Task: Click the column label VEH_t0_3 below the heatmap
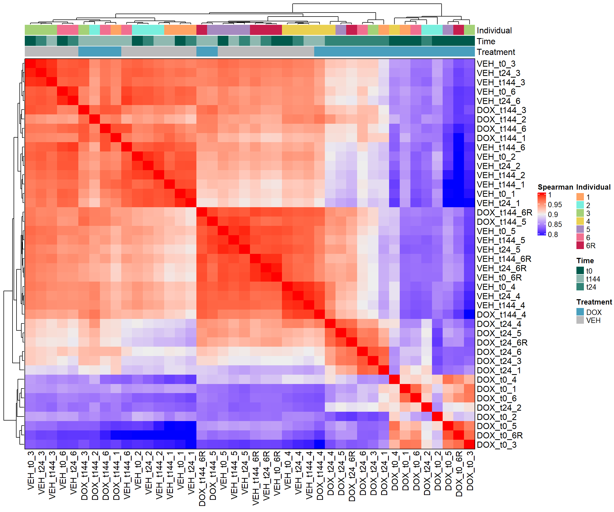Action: [x=30, y=471]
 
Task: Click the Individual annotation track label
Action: [x=494, y=30]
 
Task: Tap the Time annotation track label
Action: [x=486, y=41]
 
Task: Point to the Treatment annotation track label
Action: [x=496, y=52]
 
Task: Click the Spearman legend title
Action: [x=555, y=187]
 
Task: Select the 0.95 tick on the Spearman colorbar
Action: [x=555, y=205]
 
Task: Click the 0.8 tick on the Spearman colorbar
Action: [x=553, y=234]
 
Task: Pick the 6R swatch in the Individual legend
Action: [x=580, y=246]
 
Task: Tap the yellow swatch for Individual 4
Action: [x=580, y=221]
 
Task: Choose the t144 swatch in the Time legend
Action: [x=580, y=279]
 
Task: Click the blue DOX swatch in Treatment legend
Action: [x=580, y=312]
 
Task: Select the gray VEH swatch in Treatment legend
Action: [x=580, y=320]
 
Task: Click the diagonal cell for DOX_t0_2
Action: [x=437, y=417]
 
